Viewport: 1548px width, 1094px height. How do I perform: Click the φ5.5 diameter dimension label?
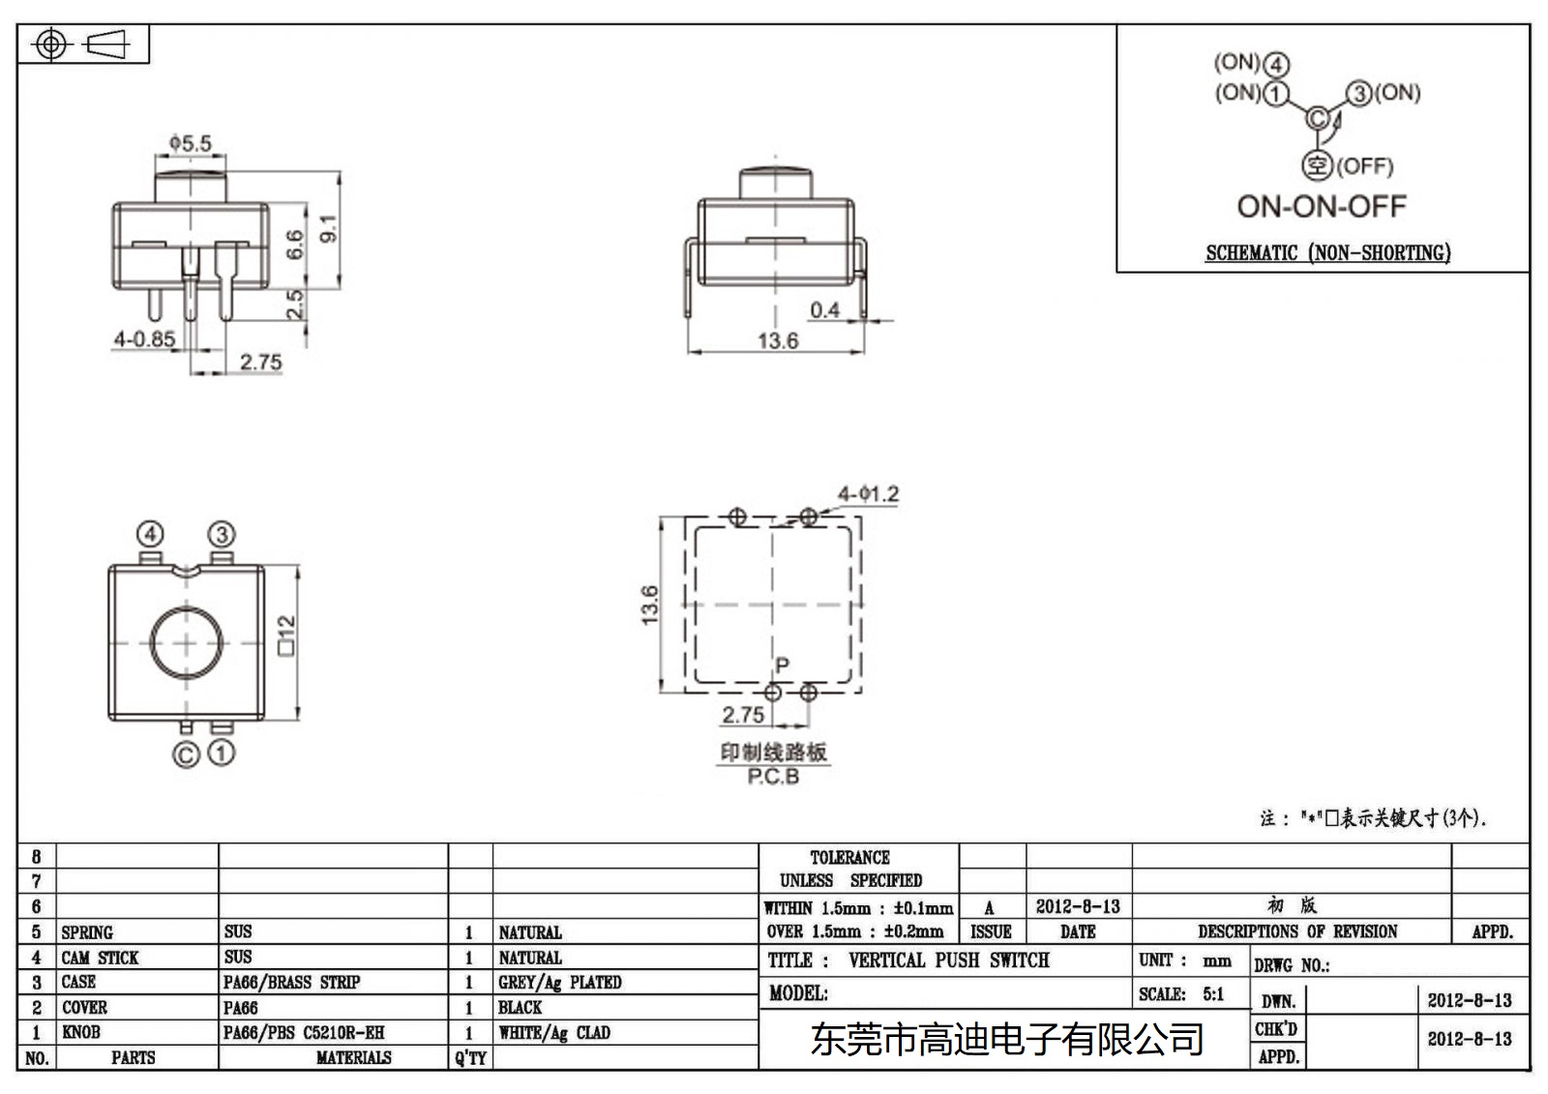click(191, 143)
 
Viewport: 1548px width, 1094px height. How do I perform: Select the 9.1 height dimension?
click(329, 228)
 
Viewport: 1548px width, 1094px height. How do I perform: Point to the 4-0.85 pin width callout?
click(144, 340)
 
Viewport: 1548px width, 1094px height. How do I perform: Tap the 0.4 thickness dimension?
click(824, 310)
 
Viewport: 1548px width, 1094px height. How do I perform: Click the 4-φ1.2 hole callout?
click(868, 494)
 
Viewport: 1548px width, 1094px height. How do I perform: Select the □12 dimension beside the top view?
click(286, 636)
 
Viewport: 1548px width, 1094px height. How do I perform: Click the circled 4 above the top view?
click(150, 534)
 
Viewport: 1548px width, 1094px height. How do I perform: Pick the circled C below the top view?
click(186, 754)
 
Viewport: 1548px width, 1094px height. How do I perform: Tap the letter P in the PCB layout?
click(782, 665)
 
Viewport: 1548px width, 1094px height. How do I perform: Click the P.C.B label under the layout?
click(773, 777)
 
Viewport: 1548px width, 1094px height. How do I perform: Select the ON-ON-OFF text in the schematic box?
click(1321, 206)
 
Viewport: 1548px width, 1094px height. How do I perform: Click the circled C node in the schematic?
click(1318, 118)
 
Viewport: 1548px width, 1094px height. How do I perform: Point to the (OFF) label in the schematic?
click(1365, 166)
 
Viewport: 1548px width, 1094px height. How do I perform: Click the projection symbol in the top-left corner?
click(82, 44)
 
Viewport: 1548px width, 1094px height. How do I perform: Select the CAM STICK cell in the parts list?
click(101, 958)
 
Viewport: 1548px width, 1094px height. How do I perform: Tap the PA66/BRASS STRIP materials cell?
click(291, 983)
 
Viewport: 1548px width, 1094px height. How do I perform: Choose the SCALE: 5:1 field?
click(1181, 994)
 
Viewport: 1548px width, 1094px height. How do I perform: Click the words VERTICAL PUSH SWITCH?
click(948, 961)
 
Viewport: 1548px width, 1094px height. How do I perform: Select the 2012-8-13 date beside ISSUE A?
click(1078, 907)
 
